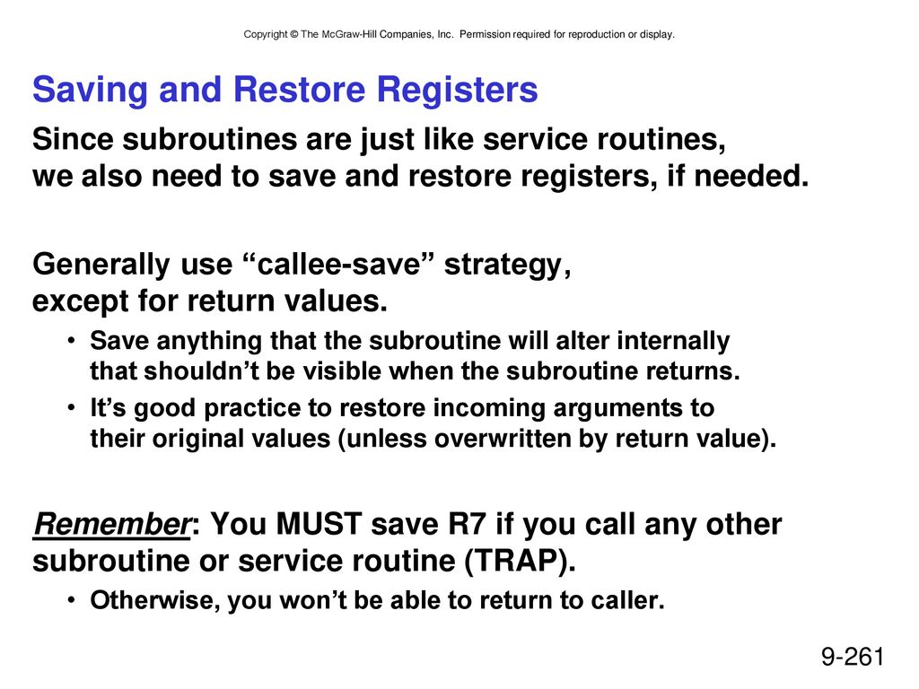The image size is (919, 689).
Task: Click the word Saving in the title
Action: [91, 91]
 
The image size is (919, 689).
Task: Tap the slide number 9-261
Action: [853, 656]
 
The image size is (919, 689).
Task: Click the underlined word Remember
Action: [111, 524]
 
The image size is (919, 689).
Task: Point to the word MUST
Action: [319, 524]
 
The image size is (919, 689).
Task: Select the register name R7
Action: [467, 524]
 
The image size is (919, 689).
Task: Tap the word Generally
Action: [101, 265]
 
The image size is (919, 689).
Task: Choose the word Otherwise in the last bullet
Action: [154, 600]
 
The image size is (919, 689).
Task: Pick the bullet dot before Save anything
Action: [71, 340]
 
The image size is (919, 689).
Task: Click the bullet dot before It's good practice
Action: [71, 408]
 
